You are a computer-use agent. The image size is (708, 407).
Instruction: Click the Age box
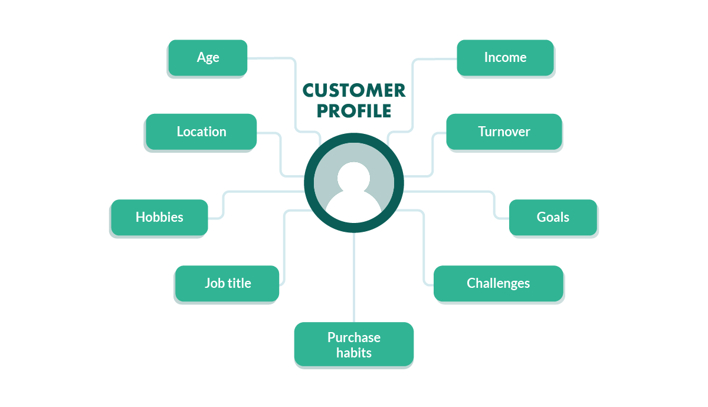click(208, 57)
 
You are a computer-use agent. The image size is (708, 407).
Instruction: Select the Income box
click(505, 57)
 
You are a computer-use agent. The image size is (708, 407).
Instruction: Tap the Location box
click(201, 132)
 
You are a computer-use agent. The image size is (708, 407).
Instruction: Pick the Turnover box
click(504, 132)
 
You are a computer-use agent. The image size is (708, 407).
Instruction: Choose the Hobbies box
click(159, 217)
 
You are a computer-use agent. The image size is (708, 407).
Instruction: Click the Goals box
click(553, 217)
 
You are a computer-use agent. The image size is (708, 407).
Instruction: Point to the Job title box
click(227, 283)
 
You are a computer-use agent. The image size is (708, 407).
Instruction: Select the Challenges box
click(498, 283)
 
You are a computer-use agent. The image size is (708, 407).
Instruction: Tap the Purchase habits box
click(354, 345)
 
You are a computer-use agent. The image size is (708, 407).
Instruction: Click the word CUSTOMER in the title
click(354, 90)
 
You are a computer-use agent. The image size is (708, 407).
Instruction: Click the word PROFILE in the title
click(354, 111)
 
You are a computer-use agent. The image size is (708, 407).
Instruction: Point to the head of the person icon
click(354, 176)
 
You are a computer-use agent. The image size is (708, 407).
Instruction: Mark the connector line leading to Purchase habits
click(354, 277)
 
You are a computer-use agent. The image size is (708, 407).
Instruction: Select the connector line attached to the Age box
click(294, 94)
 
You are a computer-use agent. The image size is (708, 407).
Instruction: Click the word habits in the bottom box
click(354, 353)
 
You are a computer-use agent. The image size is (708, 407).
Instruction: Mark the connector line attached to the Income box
click(412, 94)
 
